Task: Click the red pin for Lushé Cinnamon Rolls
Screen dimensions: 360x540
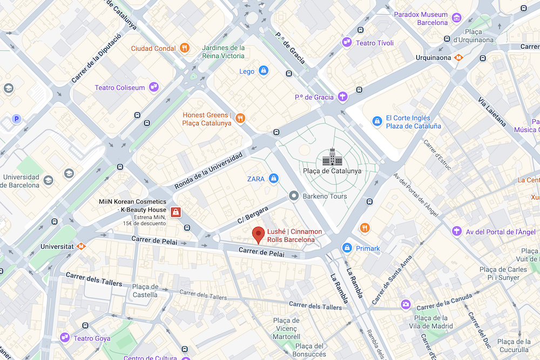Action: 259,234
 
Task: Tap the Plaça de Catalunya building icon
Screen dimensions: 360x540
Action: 332,157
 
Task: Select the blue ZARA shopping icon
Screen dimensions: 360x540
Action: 274,178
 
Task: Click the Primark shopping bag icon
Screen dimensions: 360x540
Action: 347,248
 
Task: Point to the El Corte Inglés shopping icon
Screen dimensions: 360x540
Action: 377,122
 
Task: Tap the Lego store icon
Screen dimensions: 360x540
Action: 263,71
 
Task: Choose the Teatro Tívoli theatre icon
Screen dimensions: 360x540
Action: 347,43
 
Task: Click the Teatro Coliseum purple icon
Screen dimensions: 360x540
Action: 154,87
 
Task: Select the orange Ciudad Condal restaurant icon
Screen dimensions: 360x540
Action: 185,48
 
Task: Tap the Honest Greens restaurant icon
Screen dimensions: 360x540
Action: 241,118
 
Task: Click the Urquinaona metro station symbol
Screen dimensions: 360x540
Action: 458,57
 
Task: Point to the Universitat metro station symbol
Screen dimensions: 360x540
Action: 81,246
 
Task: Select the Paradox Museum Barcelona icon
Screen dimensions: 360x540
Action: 457,18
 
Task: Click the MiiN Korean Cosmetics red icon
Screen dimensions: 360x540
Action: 175,212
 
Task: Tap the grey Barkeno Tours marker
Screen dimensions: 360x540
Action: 294,196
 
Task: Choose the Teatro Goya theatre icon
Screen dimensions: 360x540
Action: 65,338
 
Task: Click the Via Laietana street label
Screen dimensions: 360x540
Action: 491,112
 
